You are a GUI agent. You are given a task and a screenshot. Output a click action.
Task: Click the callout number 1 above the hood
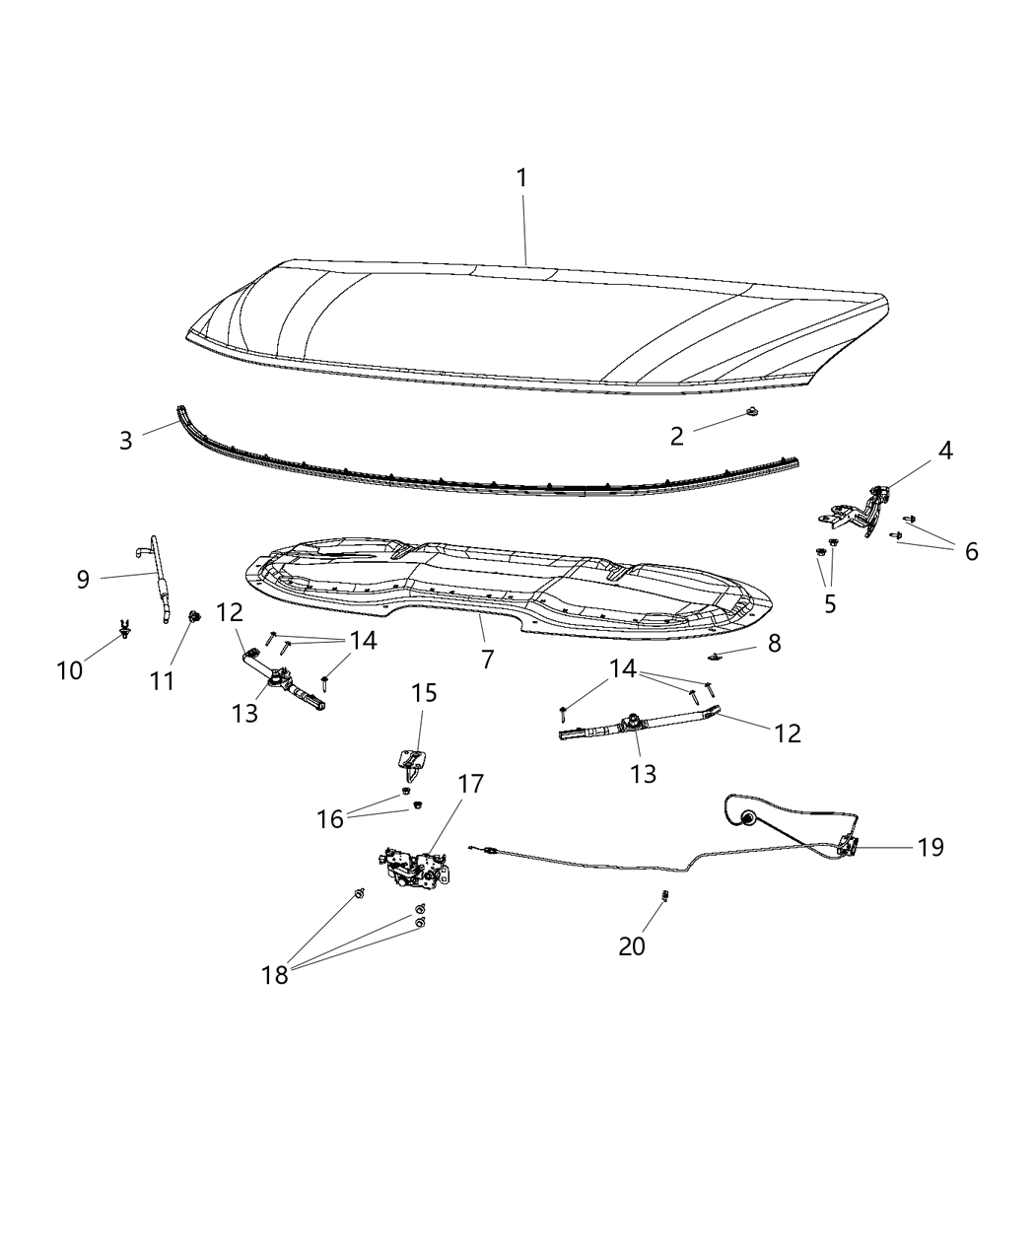pos(521,178)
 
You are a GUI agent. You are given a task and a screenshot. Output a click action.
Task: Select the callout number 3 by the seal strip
pos(125,441)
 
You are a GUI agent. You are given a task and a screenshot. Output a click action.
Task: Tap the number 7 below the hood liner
pos(487,660)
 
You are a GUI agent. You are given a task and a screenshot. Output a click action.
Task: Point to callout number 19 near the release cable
pos(931,847)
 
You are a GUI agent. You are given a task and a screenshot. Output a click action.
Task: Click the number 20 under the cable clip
pos(632,945)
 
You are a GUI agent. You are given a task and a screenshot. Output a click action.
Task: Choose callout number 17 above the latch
pos(471,784)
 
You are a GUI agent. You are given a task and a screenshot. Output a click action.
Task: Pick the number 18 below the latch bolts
pos(275,975)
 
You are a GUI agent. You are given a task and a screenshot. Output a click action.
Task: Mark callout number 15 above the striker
pos(424,693)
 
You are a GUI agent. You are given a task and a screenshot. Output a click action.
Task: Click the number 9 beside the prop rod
pos(84,579)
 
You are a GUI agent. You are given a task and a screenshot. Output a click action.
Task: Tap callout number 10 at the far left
pos(69,670)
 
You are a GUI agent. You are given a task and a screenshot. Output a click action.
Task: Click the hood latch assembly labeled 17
pos(416,865)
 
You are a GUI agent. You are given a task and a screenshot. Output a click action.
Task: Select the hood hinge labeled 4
pos(860,507)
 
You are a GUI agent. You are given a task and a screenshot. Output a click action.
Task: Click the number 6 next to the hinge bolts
pos(972,551)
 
